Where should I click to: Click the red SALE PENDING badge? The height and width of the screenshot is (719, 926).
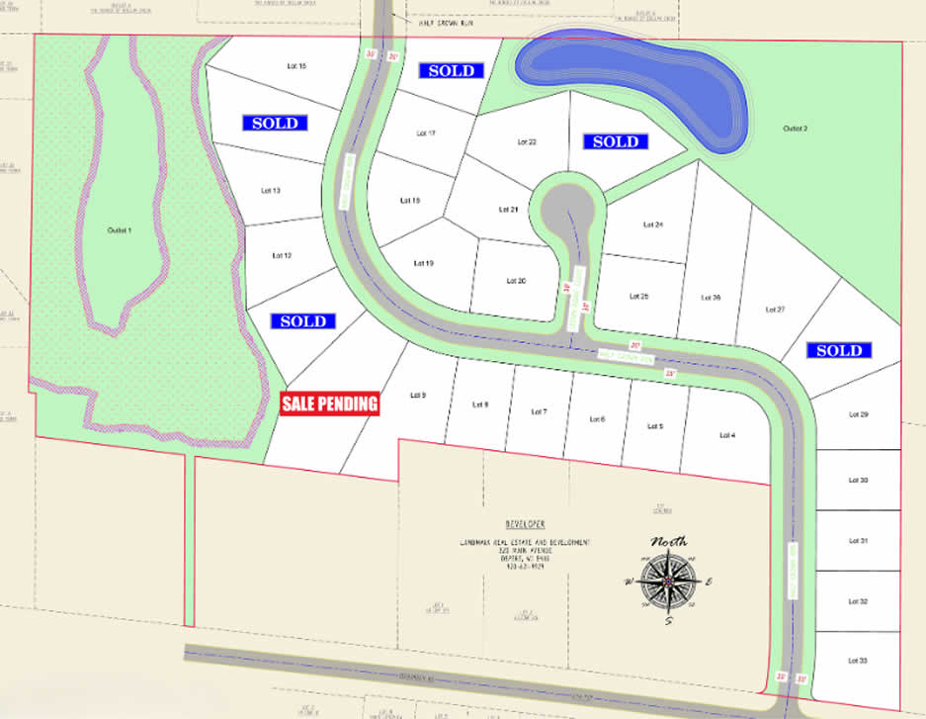tap(330, 404)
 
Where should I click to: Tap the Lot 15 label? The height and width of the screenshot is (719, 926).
tap(296, 66)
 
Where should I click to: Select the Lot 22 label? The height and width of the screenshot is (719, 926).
tap(527, 142)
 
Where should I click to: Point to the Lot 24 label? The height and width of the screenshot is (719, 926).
tap(652, 225)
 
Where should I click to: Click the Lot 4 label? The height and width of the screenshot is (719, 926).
tap(727, 435)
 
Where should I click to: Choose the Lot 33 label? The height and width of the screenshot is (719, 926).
tap(858, 661)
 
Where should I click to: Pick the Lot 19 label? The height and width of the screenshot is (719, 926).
tap(423, 263)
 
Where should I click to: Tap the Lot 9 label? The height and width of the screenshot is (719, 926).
tap(417, 396)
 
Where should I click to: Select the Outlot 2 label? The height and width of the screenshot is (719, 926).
tap(796, 129)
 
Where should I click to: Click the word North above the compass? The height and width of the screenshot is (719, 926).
tap(668, 542)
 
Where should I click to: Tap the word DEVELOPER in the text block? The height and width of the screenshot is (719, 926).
tap(524, 523)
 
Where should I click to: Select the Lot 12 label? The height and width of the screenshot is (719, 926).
tap(282, 255)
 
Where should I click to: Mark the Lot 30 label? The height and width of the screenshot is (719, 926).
tap(858, 481)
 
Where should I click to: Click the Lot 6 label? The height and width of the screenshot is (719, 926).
tap(597, 419)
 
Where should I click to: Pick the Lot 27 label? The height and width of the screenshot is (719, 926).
tap(776, 310)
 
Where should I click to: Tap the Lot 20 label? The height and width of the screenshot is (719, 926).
tap(516, 281)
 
